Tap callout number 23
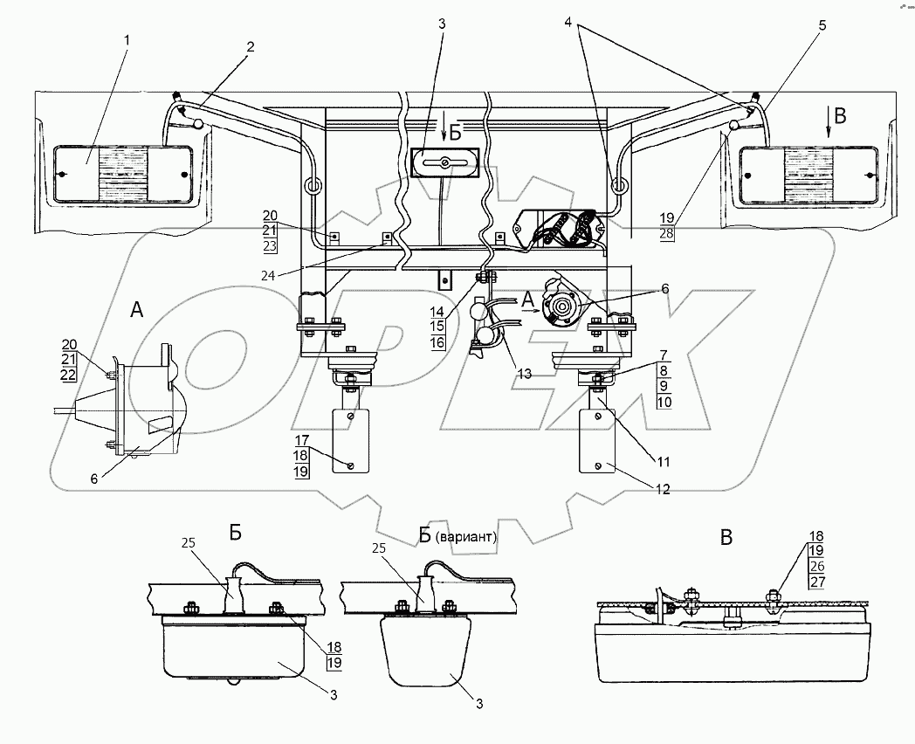pyautogui.click(x=271, y=246)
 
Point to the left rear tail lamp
pyautogui.click(x=122, y=175)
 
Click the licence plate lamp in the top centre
pyautogui.click(x=444, y=163)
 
